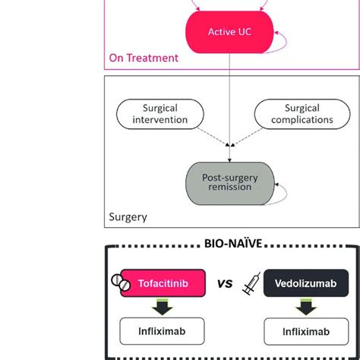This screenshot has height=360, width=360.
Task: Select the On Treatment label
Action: coord(144,57)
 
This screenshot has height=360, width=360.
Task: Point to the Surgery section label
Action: coord(128,216)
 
